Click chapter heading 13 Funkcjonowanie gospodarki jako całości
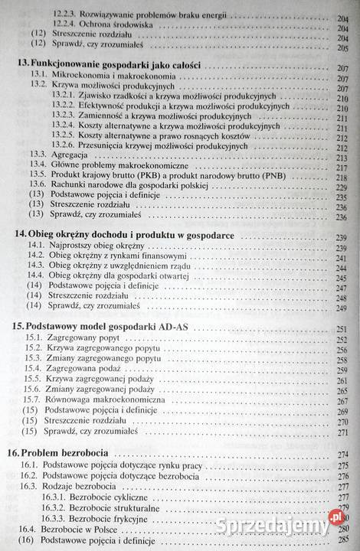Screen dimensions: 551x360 pos(115,67)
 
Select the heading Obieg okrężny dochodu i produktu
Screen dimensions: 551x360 pos(130,236)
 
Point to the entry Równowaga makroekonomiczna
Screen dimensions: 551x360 pos(115,400)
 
